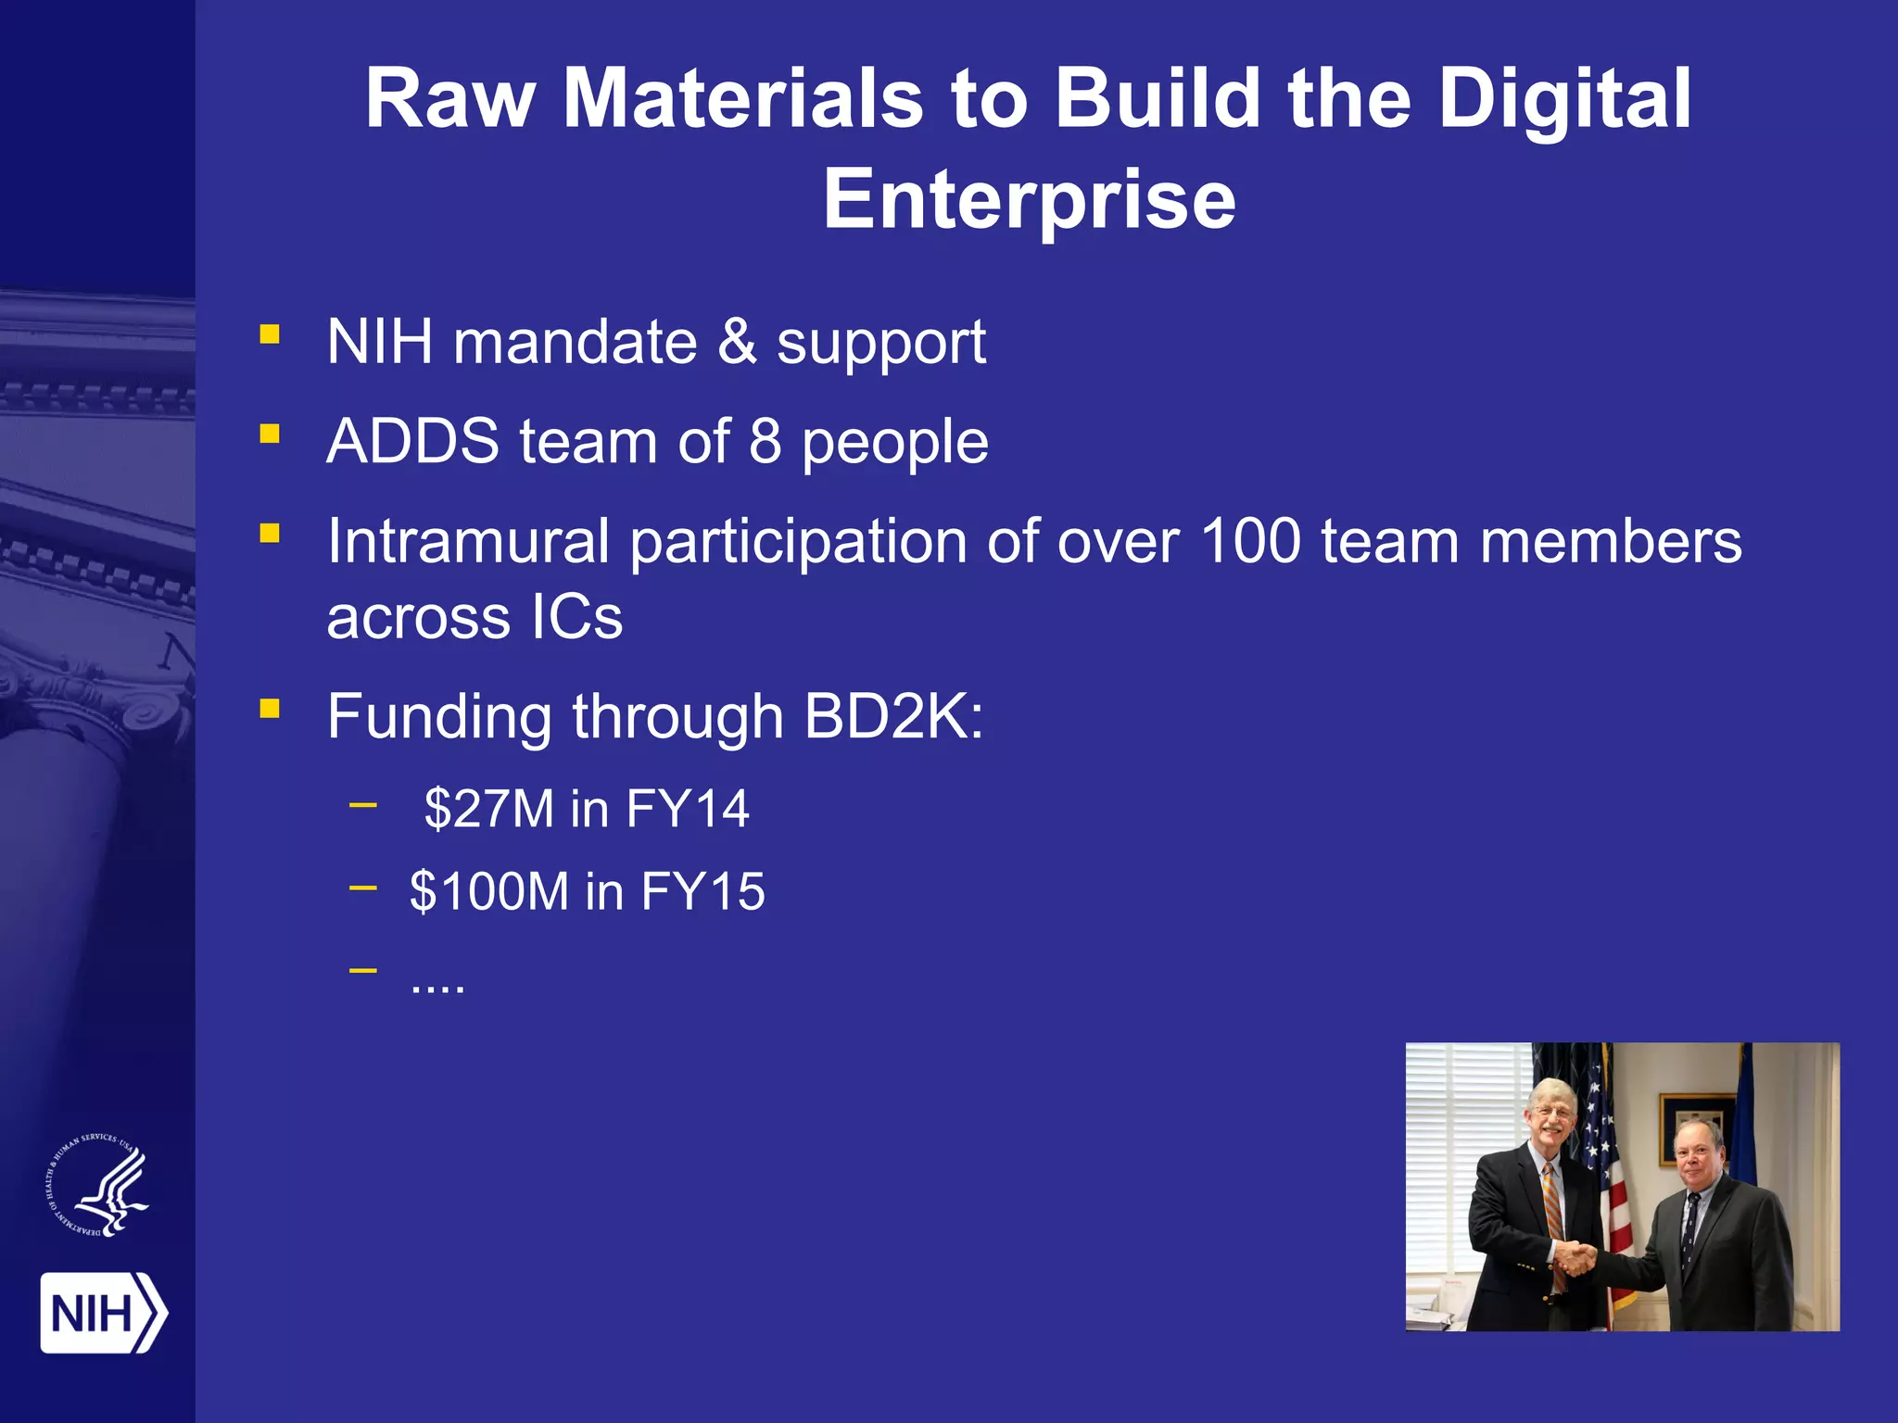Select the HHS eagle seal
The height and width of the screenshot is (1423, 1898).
(98, 1186)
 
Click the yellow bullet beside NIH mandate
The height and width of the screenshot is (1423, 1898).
(270, 334)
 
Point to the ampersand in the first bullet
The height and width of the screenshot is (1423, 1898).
(737, 342)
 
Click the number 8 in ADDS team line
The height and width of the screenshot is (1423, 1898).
(765, 441)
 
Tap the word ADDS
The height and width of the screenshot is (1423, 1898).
(413, 441)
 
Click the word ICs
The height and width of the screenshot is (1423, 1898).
(576, 618)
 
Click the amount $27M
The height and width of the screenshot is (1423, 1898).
(488, 809)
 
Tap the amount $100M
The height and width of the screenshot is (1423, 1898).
(488, 891)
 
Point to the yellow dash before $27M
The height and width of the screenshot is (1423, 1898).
(363, 805)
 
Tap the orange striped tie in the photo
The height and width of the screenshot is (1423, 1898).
(1553, 1223)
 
